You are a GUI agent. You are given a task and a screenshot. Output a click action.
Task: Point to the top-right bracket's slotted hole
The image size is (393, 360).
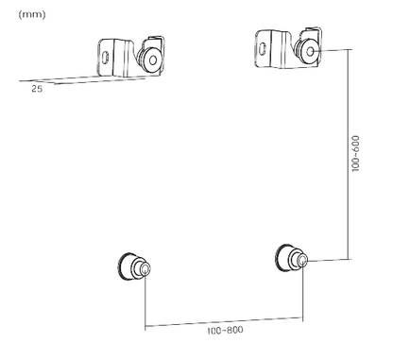pos(262,41)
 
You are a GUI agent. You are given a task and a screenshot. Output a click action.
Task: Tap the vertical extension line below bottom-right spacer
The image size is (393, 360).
pos(303,293)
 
